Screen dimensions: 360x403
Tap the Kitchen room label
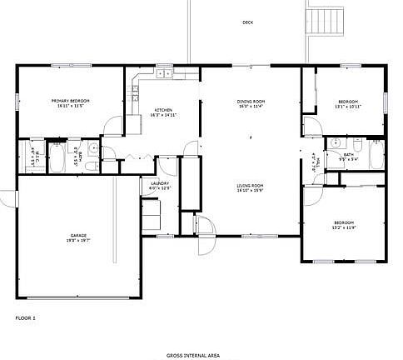point(162,112)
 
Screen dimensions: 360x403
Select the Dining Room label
point(251,103)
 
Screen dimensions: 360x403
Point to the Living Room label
point(251,187)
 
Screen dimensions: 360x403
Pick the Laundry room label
point(158,187)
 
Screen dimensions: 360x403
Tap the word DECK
point(247,22)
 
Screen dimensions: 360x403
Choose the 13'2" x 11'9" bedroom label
point(344,225)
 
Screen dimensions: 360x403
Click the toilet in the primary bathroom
point(92,150)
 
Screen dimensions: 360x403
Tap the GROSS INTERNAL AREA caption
point(192,355)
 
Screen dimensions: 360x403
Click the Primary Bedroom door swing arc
point(110,127)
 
